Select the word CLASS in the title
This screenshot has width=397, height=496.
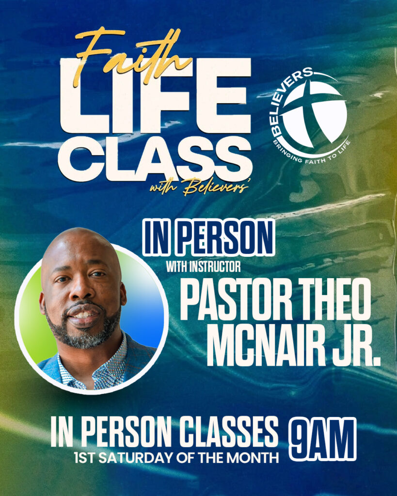click(155, 159)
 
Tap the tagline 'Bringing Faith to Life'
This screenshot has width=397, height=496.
click(312, 152)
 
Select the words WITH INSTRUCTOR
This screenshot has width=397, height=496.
click(204, 267)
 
